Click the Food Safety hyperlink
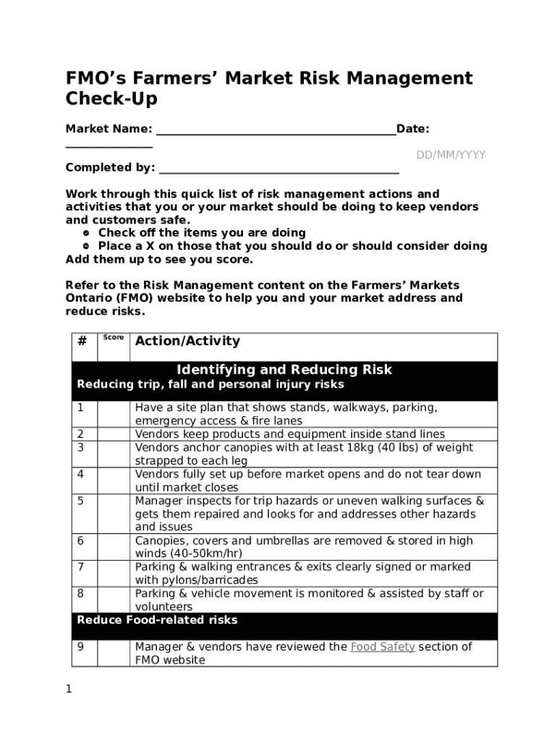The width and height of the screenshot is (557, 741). [x=382, y=647]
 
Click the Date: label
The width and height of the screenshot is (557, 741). [x=413, y=129]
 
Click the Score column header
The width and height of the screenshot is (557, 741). [x=113, y=338]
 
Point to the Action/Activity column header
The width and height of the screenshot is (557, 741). [x=187, y=341]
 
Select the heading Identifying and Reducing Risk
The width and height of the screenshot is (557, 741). [x=284, y=370]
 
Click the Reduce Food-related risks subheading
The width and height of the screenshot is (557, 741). [x=157, y=620]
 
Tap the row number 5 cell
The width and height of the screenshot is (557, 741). [x=81, y=500]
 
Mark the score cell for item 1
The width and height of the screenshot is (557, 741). [x=114, y=414]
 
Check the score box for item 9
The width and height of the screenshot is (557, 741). [x=114, y=653]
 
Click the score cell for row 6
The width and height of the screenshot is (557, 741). [x=114, y=546]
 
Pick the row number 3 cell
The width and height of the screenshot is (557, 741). [x=81, y=447]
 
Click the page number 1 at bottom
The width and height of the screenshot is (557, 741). [x=69, y=690]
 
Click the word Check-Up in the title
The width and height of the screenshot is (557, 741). [x=111, y=99]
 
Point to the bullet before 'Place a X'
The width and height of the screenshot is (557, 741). [x=85, y=246]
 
